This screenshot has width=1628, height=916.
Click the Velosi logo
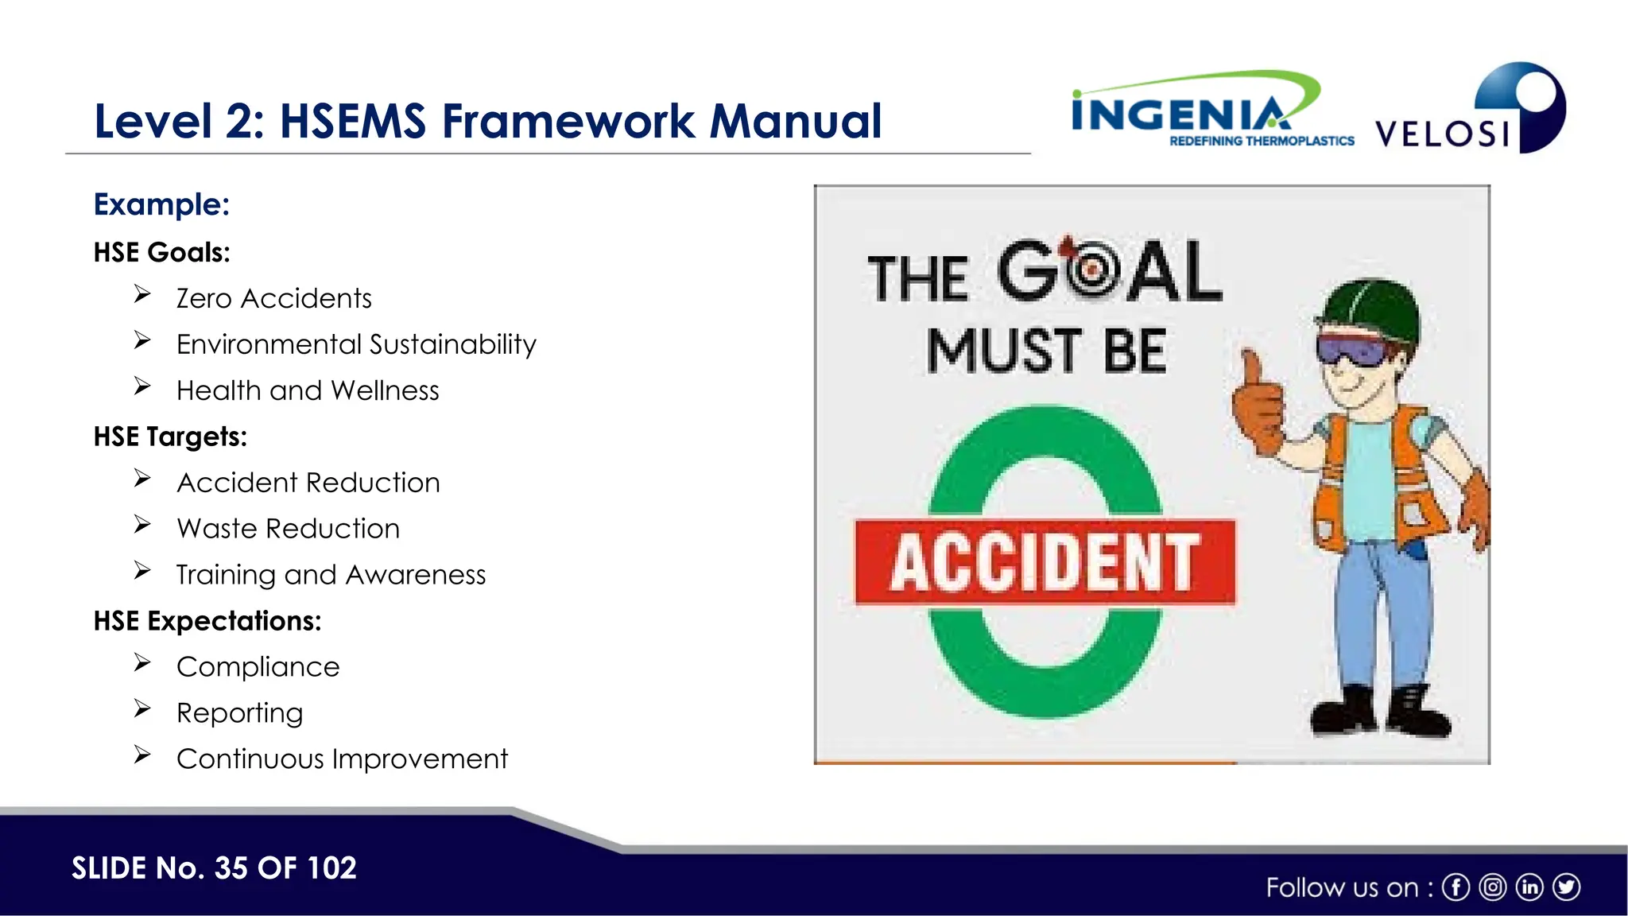tap(1471, 111)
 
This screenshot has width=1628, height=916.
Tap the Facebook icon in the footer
tap(1456, 887)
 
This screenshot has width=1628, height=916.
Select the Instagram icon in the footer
tap(1493, 887)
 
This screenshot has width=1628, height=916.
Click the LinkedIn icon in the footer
tap(1529, 887)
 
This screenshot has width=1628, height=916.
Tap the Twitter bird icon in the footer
tap(1566, 887)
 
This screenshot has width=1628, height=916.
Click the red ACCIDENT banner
tap(1045, 562)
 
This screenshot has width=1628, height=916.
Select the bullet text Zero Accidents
tap(273, 298)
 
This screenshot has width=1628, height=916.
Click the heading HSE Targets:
tap(170, 437)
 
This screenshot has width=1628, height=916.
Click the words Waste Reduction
tap(288, 529)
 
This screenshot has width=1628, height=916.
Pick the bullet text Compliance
tap(258, 667)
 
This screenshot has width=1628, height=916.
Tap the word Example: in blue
tap(161, 204)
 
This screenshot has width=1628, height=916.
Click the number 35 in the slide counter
tap(231, 867)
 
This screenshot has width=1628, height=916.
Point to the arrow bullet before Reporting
tap(142, 708)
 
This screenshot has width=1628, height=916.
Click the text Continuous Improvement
tap(342, 759)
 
